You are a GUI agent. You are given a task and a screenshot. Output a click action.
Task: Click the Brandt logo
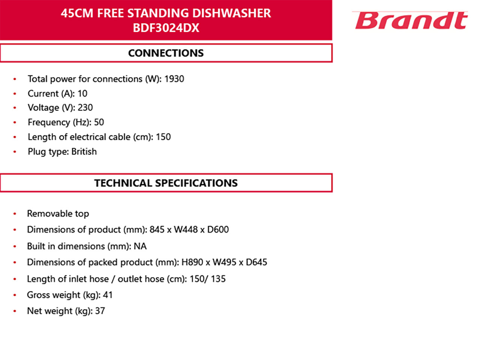410,20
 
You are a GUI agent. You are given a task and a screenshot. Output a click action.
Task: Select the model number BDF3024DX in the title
166,28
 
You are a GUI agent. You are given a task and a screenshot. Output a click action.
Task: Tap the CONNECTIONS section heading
166,53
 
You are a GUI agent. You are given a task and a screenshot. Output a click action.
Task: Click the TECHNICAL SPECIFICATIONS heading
166,183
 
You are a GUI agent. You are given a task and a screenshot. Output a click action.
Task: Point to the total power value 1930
174,79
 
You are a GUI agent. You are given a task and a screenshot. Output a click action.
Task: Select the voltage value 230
85,108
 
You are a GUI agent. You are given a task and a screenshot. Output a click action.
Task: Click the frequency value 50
99,122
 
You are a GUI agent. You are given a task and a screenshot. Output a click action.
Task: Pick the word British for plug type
84,151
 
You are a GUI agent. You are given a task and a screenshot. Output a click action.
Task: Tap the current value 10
82,93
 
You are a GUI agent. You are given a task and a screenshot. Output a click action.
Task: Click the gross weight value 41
108,295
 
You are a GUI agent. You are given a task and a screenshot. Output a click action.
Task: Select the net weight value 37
100,311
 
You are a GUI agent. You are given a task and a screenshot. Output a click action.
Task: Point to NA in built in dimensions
140,246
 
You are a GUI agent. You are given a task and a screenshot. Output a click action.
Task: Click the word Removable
49,213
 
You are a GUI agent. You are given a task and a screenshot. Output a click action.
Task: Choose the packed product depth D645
256,262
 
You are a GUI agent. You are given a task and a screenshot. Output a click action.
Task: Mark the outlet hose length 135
218,279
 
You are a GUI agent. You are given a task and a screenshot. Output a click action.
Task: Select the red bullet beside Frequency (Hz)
15,122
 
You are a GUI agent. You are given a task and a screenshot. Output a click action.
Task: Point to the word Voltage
43,108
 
